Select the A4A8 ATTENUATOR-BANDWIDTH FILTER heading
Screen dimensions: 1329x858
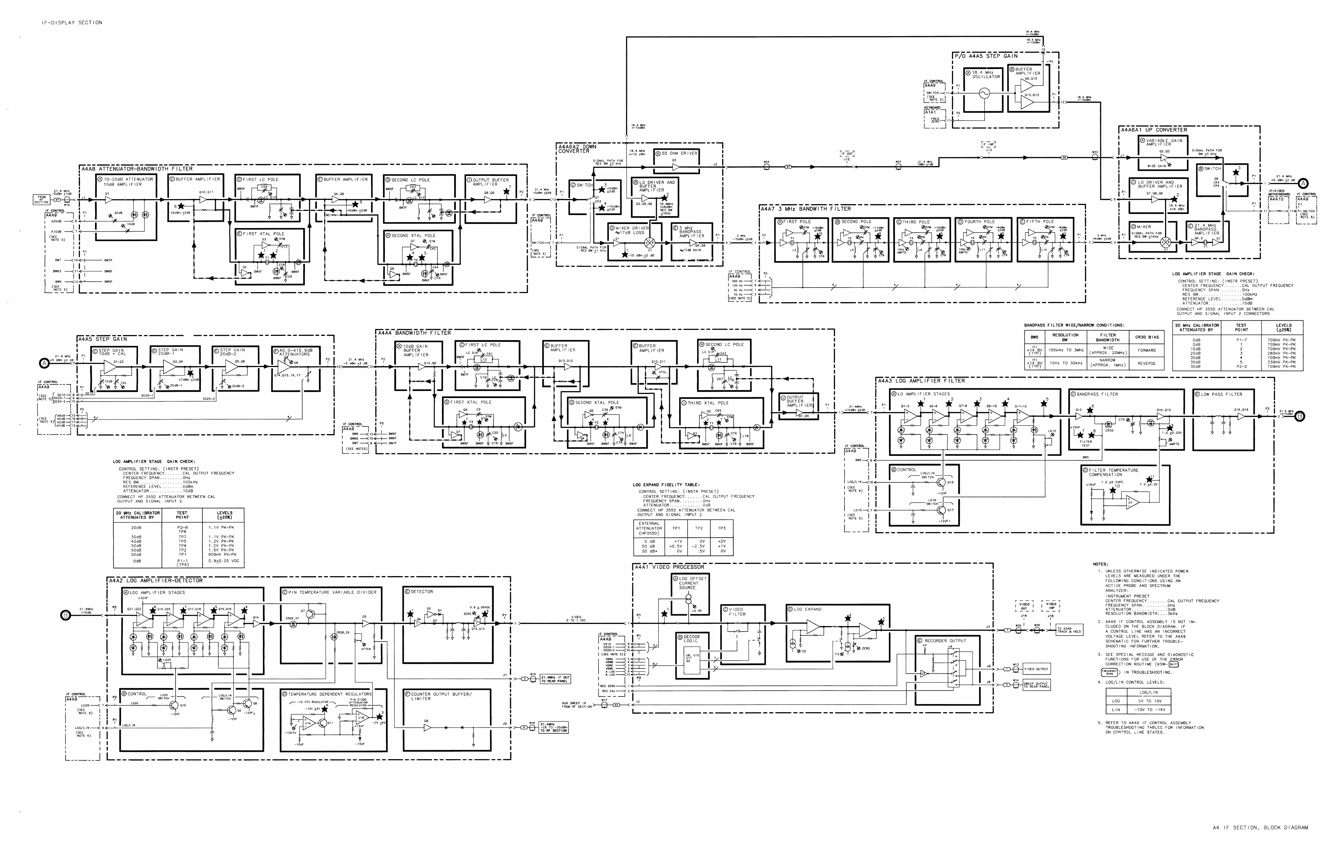pyautogui.click(x=137, y=168)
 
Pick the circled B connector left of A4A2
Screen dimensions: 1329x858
pyautogui.click(x=65, y=615)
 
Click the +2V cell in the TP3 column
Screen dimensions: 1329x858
pyautogui.click(x=722, y=541)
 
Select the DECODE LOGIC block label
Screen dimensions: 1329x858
pyautogui.click(x=691, y=639)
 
